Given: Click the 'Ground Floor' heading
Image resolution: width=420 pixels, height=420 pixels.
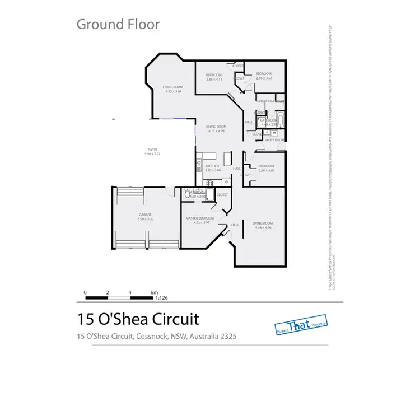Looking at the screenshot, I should click(118, 24).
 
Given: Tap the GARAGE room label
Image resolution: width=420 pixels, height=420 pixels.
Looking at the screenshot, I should click(146, 214).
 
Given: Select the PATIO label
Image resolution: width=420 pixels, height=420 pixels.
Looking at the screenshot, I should click(152, 150).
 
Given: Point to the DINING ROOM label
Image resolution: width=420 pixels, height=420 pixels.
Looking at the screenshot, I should click(216, 127).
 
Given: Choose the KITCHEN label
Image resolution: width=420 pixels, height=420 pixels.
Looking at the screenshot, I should click(212, 166).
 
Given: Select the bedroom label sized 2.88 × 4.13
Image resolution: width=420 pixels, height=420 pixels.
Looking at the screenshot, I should click(214, 75).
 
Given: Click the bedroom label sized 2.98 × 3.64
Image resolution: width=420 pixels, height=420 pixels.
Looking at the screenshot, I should click(266, 166).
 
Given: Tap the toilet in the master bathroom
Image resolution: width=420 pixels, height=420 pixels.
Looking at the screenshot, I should click(188, 195).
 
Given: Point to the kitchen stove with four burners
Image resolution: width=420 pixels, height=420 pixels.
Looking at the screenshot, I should click(211, 182).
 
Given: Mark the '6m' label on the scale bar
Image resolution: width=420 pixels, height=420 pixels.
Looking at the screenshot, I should click(155, 292).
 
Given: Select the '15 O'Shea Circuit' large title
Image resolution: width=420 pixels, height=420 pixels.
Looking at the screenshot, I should click(138, 319).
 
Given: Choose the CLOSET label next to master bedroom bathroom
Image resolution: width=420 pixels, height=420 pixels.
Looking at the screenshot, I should click(222, 195).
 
